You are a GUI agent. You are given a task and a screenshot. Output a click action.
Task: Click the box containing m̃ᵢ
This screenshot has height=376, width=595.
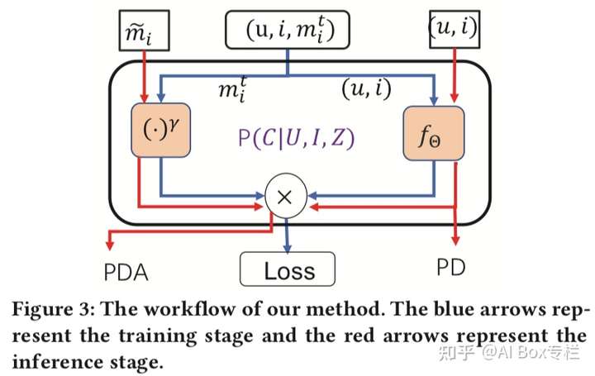[x=144, y=31]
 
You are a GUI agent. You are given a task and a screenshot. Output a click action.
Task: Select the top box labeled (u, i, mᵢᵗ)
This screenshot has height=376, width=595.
[x=288, y=30]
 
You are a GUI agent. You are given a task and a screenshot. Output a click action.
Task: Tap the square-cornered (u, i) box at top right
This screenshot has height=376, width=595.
[x=455, y=30]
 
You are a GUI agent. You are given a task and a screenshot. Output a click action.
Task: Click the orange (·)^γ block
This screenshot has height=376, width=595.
[x=160, y=130]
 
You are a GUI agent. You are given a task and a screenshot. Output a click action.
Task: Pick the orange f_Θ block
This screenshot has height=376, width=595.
[x=433, y=133]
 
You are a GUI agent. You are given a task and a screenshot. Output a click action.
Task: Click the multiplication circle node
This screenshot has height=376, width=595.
[x=286, y=197]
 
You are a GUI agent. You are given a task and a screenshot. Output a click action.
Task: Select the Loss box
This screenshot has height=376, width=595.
[x=288, y=269]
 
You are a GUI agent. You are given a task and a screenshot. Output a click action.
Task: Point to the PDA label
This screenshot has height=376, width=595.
[x=126, y=273]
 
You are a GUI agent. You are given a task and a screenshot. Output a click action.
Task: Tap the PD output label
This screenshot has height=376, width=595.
[x=451, y=268]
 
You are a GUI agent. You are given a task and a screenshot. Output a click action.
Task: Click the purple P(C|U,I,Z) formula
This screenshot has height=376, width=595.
[x=296, y=138]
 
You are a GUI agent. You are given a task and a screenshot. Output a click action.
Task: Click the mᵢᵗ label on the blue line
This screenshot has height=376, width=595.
[x=232, y=89]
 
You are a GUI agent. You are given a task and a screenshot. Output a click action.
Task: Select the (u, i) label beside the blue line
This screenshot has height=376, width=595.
[x=366, y=88]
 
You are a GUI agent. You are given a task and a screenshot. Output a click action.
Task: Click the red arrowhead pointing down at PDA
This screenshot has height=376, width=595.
[x=110, y=245]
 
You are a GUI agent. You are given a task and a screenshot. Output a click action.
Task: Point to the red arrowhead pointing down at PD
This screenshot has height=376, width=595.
[x=455, y=240]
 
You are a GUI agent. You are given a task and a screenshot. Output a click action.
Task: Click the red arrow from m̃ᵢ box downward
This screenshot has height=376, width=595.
[x=144, y=77]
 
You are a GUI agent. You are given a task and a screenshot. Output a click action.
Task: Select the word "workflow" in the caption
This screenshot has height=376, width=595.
[x=191, y=309]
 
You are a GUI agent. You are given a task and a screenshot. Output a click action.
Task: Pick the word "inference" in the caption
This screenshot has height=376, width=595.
[x=57, y=362]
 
